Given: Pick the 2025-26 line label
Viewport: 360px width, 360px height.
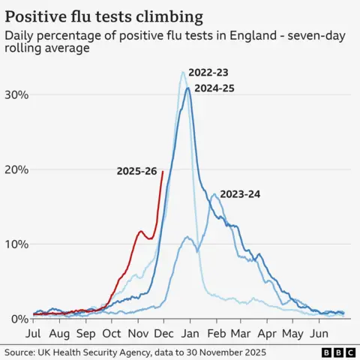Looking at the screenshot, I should [136, 171].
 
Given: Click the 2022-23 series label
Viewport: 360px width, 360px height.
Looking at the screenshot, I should [208, 73].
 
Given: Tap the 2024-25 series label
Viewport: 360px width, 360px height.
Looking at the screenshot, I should [214, 88].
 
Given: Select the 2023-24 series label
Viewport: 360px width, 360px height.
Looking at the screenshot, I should [240, 194].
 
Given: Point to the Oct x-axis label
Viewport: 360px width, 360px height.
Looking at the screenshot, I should [112, 332].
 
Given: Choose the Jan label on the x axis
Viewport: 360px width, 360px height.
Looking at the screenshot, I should [190, 332].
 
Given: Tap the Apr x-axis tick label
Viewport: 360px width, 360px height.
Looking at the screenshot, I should [268, 332].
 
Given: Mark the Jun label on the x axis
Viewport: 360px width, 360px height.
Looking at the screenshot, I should [319, 332].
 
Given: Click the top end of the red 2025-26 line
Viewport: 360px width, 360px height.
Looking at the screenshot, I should [163, 171].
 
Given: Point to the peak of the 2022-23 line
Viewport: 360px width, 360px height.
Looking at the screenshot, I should [183, 72].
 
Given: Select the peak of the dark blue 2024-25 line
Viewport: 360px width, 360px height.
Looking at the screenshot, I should [188, 88].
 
